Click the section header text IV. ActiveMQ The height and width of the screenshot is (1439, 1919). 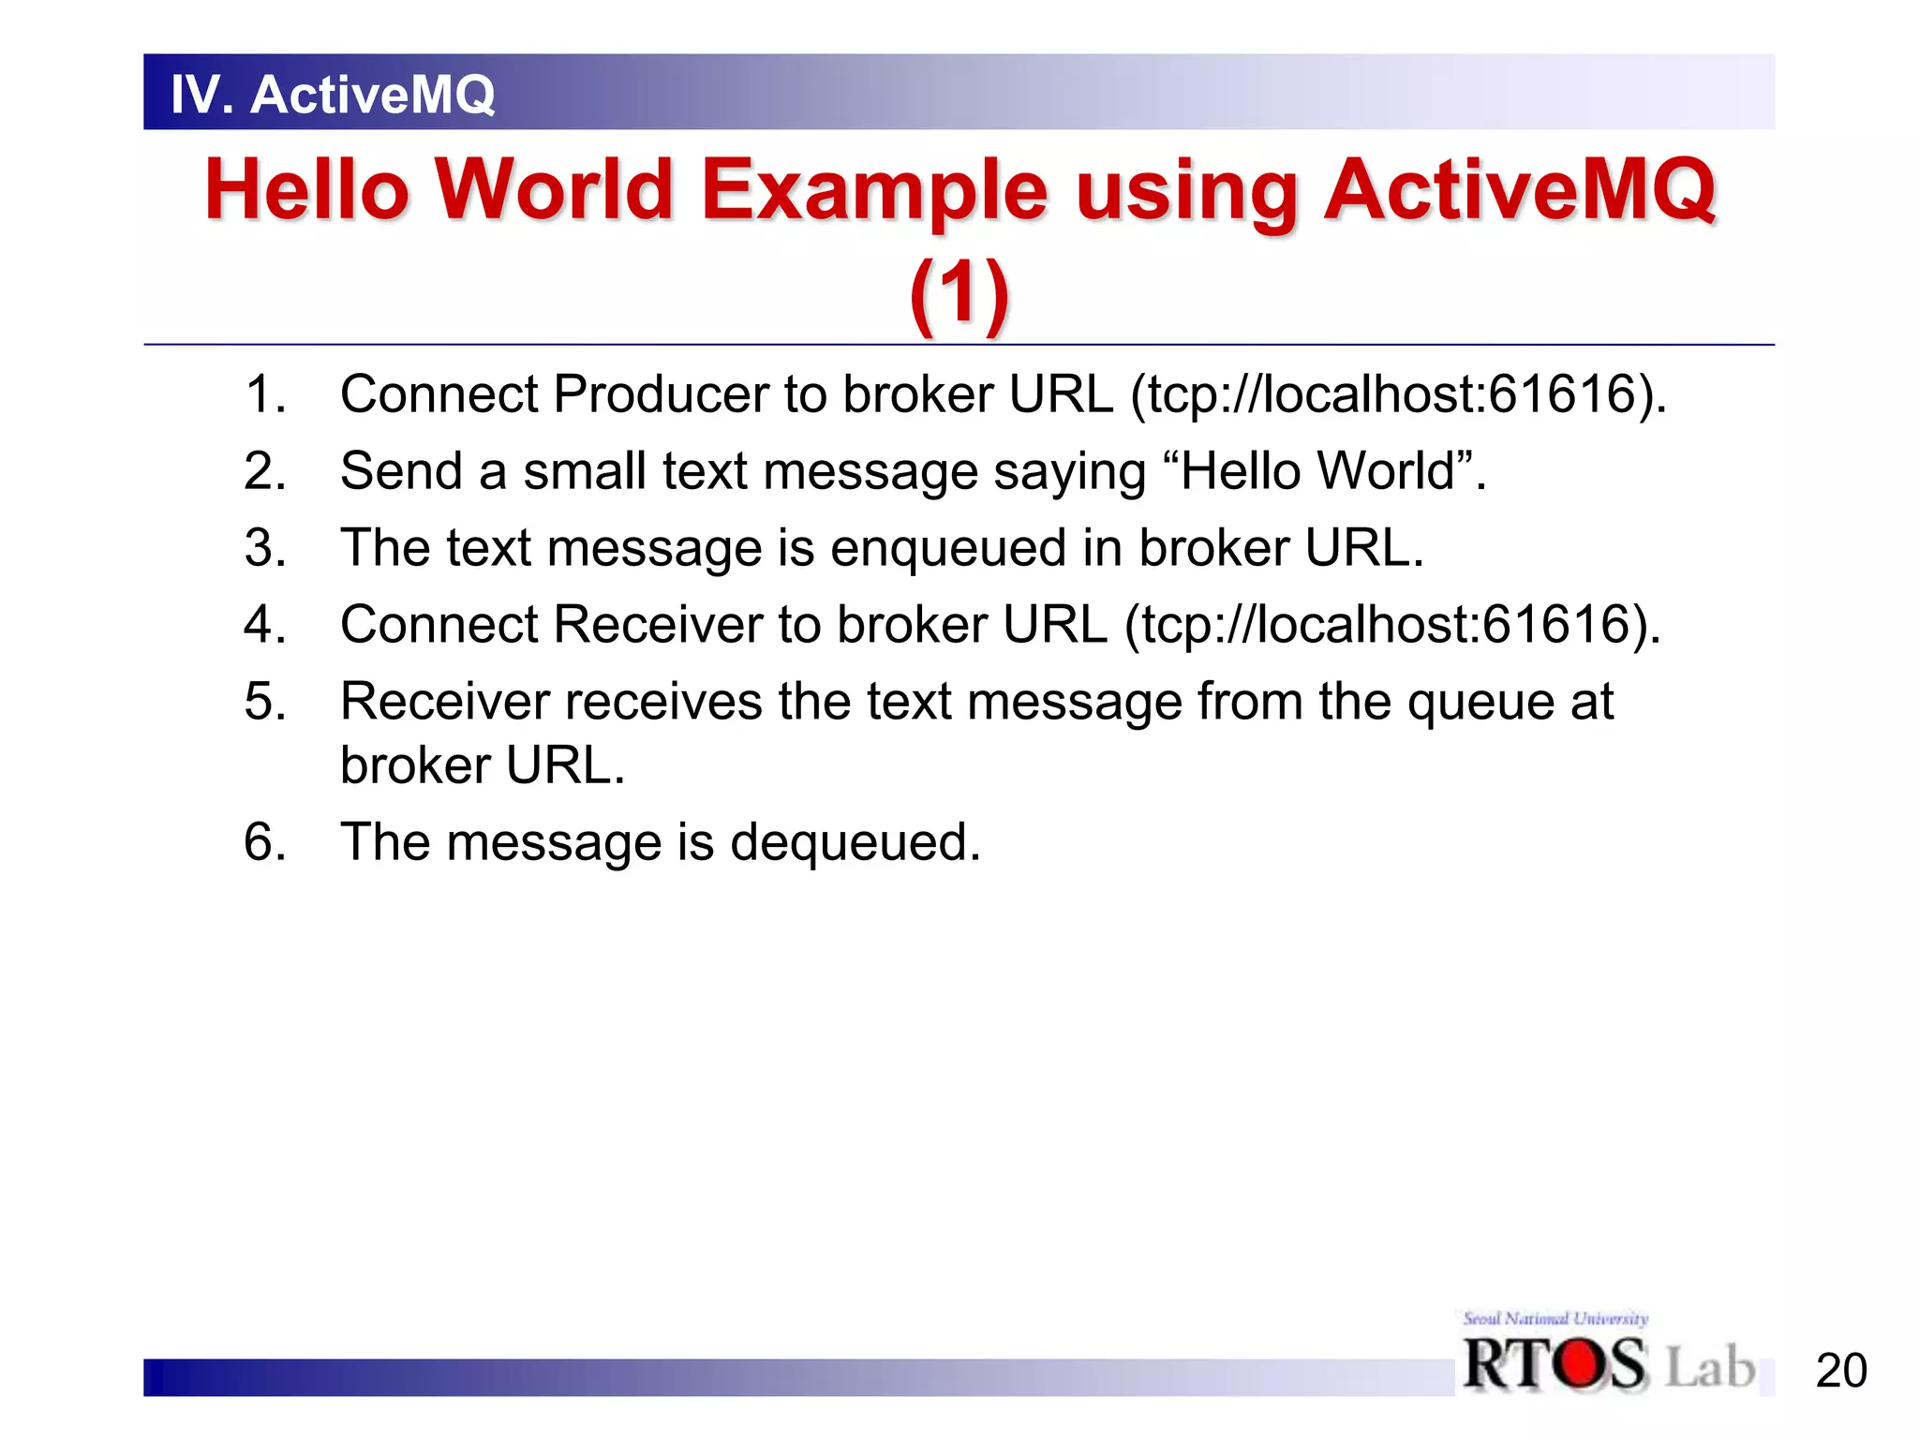[x=333, y=95]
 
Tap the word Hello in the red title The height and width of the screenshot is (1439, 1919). [x=307, y=190]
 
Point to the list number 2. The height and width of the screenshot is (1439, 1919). [x=264, y=470]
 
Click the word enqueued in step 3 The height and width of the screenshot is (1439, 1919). [x=948, y=548]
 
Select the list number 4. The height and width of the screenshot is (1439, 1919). [x=264, y=624]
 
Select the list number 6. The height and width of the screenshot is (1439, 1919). [x=264, y=841]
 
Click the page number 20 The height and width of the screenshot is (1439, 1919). [x=1840, y=1372]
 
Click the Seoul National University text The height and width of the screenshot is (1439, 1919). [x=1555, y=1319]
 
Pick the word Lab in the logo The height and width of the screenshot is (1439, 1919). [x=1709, y=1366]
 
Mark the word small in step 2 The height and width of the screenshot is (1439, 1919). [x=585, y=470]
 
